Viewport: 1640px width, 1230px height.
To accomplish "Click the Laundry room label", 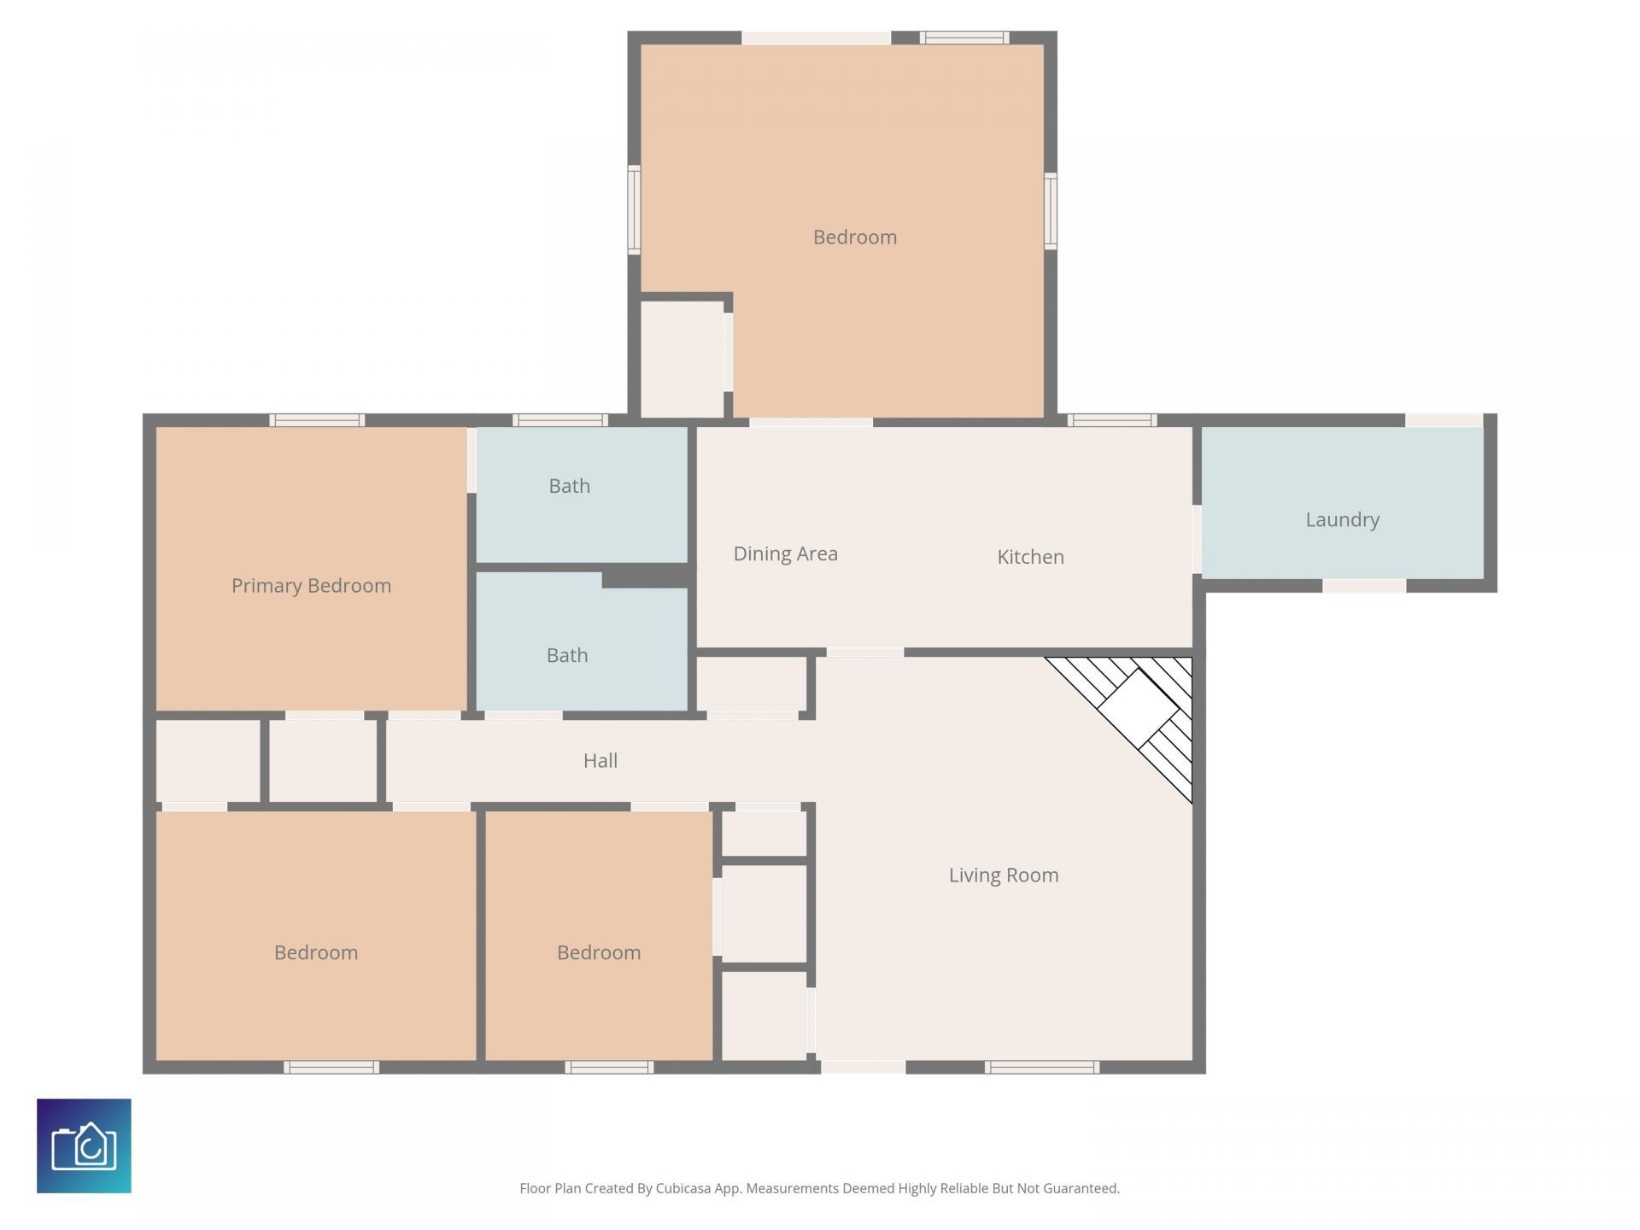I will (x=1342, y=519).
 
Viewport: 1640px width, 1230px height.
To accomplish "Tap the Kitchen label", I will (x=1030, y=557).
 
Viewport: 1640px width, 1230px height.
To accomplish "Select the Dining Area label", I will (x=785, y=553).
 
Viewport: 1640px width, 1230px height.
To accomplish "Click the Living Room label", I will (x=1003, y=875).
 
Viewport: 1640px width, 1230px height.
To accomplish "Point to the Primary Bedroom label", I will (x=311, y=585).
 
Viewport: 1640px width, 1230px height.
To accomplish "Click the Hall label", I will (x=600, y=760).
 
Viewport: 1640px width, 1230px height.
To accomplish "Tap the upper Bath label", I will (x=569, y=486).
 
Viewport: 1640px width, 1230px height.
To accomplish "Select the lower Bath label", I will (x=566, y=655).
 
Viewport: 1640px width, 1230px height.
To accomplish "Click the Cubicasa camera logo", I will (x=84, y=1145).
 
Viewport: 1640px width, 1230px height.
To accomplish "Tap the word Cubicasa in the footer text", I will (x=682, y=1188).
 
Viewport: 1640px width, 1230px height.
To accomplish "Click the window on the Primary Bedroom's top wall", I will (x=317, y=420).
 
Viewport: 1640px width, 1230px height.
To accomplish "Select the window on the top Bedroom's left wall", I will (x=634, y=210).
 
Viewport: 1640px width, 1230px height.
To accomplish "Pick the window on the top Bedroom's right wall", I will (x=1051, y=211).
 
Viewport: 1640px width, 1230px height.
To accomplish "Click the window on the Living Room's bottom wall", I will (x=1041, y=1067).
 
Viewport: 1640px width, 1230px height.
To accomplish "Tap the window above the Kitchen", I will (x=1111, y=420).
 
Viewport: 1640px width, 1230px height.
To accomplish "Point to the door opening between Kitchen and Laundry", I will (x=1197, y=539).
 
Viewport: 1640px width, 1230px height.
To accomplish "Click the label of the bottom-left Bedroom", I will (x=315, y=952).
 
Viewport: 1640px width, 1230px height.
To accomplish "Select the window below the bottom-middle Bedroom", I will (x=608, y=1067).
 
